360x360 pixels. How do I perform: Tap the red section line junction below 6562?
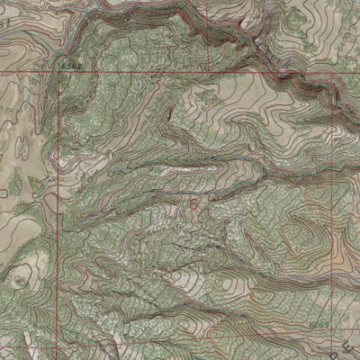[62, 73]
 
